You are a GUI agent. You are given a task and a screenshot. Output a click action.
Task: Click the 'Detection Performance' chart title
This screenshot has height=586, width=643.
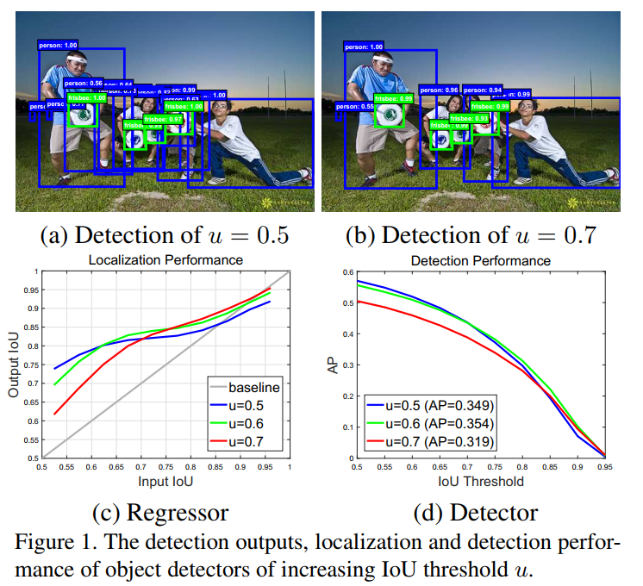480,259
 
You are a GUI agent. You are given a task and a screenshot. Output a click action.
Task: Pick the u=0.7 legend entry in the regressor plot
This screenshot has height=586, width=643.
241,440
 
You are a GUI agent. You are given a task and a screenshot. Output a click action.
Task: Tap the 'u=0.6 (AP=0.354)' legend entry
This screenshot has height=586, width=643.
428,423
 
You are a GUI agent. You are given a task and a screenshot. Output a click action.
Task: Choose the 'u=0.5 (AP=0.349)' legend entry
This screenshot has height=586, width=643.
428,405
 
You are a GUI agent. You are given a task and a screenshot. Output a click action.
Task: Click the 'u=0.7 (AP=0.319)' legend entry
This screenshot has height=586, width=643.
428,441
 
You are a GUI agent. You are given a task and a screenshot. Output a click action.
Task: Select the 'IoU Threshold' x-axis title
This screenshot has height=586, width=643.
480,480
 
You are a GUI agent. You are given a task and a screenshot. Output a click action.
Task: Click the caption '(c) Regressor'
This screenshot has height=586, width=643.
160,513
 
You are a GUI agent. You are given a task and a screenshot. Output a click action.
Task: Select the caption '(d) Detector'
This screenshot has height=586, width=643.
477,513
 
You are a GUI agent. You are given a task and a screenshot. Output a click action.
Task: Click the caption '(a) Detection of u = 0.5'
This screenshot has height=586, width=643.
165,235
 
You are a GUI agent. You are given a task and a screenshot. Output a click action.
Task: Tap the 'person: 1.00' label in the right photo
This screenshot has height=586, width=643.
363,47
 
